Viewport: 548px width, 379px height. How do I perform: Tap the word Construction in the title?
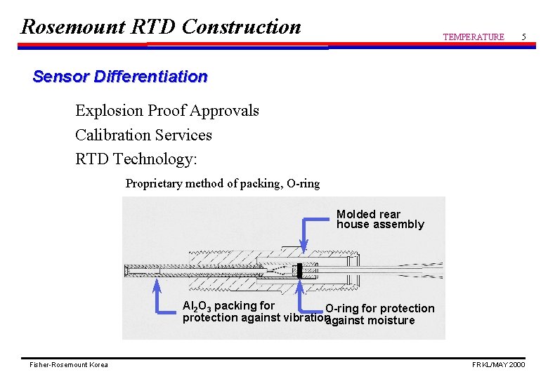pyautogui.click(x=241, y=27)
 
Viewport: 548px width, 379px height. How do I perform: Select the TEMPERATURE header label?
pyautogui.click(x=473, y=36)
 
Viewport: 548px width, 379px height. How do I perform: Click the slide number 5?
pyautogui.click(x=523, y=36)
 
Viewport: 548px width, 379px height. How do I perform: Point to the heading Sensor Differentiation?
pyautogui.click(x=120, y=77)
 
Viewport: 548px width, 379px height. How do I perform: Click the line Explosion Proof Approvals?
pyautogui.click(x=167, y=111)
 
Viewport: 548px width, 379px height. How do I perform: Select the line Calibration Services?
pyautogui.click(x=143, y=135)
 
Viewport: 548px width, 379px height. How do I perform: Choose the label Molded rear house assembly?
pyautogui.click(x=379, y=219)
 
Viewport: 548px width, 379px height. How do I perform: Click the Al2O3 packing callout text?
pyautogui.click(x=228, y=306)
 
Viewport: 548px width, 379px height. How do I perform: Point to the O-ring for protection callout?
pyautogui.click(x=379, y=309)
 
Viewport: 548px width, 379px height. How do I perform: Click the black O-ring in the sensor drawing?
pyautogui.click(x=299, y=270)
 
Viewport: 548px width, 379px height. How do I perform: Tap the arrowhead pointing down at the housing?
pyautogui.click(x=304, y=246)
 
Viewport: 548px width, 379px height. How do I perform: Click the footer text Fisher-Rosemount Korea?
pyautogui.click(x=69, y=365)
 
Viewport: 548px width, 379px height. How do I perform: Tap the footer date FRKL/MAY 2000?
pyautogui.click(x=498, y=365)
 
